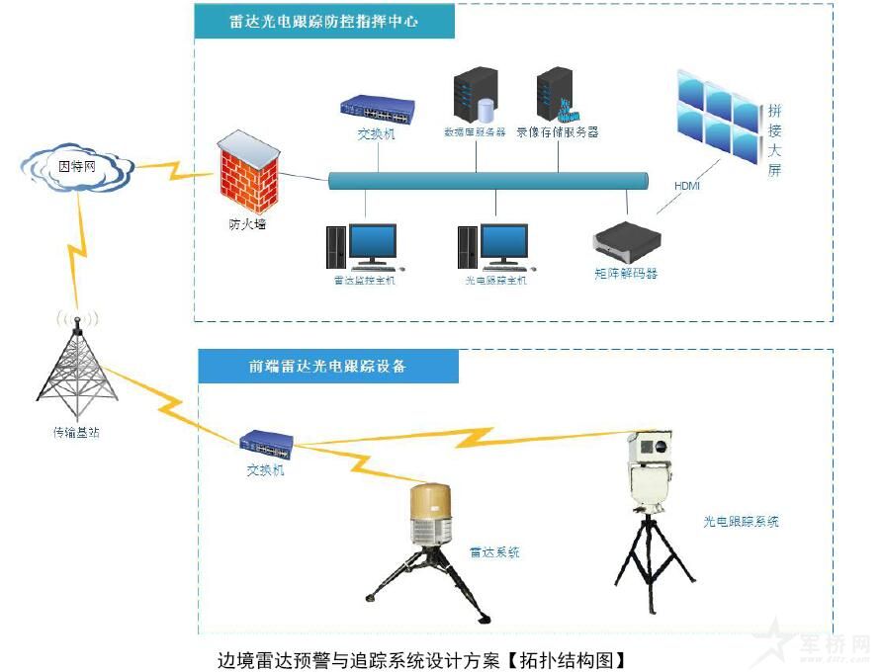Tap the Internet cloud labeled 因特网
78,167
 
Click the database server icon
474,95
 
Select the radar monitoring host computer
363,246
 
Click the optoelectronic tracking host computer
493,246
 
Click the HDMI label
686,185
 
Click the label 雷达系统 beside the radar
494,552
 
